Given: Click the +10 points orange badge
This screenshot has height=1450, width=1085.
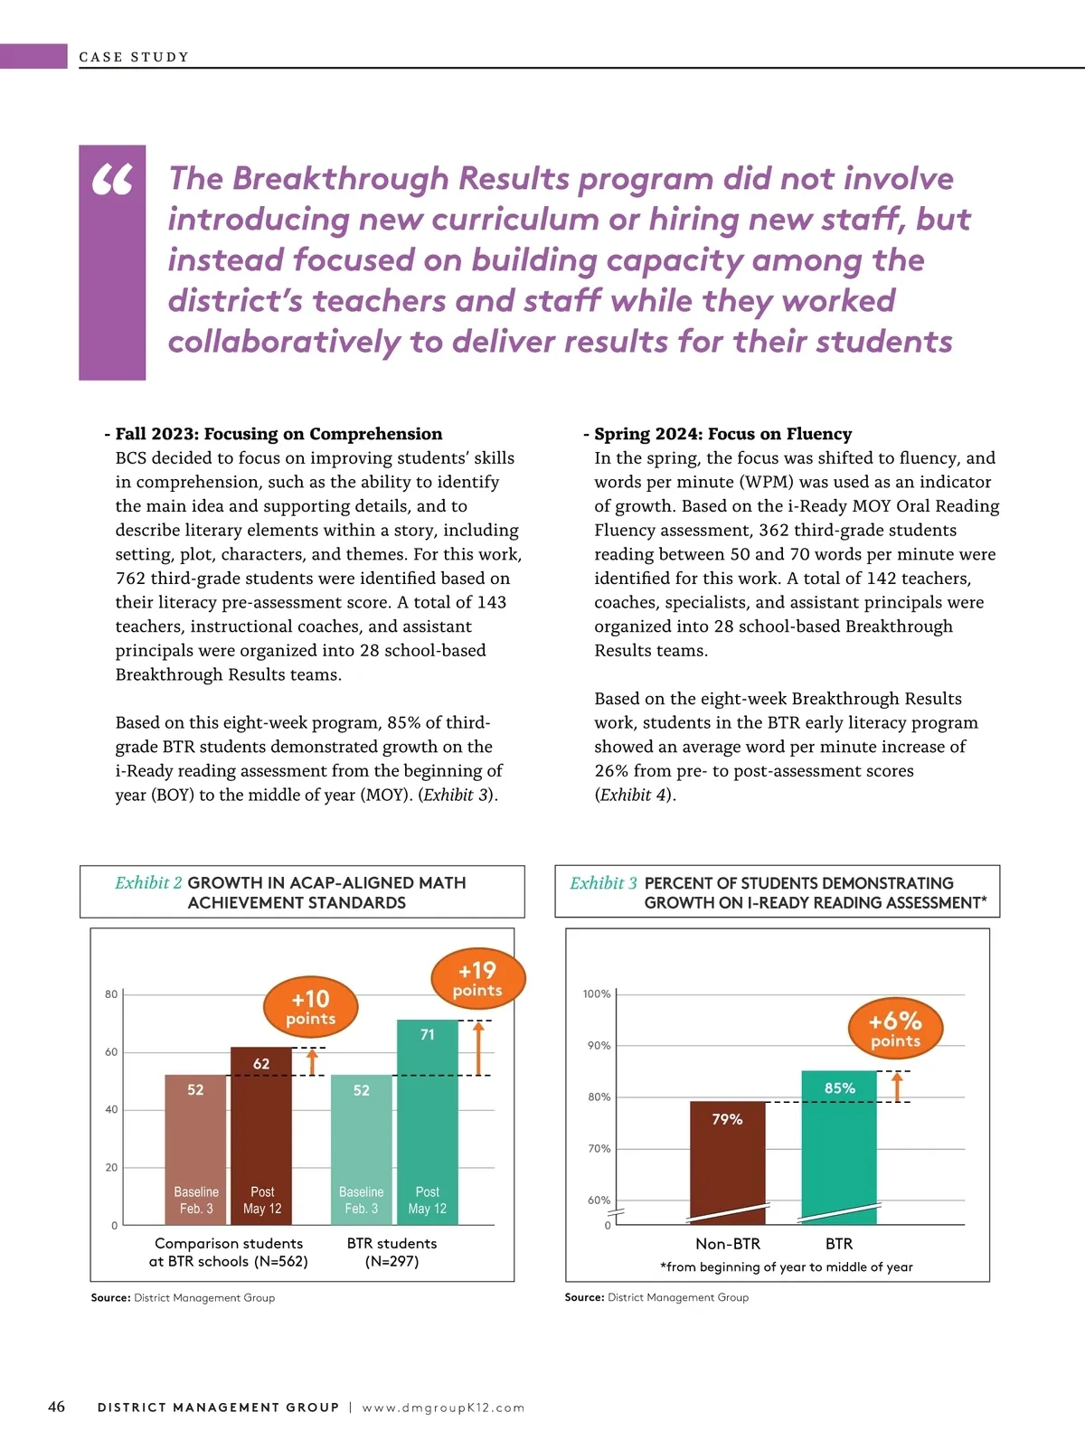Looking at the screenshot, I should (x=310, y=1007).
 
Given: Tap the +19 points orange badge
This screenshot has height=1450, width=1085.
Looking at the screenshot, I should (x=477, y=979).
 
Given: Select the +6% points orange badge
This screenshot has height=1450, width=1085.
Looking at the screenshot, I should (x=895, y=1029).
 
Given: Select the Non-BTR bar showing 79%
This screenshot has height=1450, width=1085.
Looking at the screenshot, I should (x=727, y=1162).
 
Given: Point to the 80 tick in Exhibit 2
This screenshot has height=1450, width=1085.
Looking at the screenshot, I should (x=111, y=994).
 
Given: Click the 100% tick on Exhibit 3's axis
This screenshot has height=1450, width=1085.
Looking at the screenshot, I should (x=597, y=994).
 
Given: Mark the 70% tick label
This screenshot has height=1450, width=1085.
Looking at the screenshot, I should (x=599, y=1149).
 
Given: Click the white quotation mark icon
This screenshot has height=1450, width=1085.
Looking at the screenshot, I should (x=113, y=180).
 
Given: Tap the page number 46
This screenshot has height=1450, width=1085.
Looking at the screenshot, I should (x=56, y=1407).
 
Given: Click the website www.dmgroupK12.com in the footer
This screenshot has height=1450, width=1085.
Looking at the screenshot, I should (x=443, y=1408).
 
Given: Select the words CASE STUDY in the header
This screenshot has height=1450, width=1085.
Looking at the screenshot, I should (x=134, y=57).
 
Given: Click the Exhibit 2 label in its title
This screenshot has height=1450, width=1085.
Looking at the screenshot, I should (x=148, y=883).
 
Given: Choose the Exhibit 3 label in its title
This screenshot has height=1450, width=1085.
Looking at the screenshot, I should (x=603, y=883).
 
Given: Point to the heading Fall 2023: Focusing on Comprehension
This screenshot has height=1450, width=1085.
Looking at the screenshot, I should (x=278, y=434).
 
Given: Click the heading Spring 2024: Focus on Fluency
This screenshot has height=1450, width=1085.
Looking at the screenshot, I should (x=722, y=434).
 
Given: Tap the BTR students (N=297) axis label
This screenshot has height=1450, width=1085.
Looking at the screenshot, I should (x=392, y=1252).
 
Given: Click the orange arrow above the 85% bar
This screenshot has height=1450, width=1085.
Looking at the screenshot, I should (x=897, y=1087).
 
